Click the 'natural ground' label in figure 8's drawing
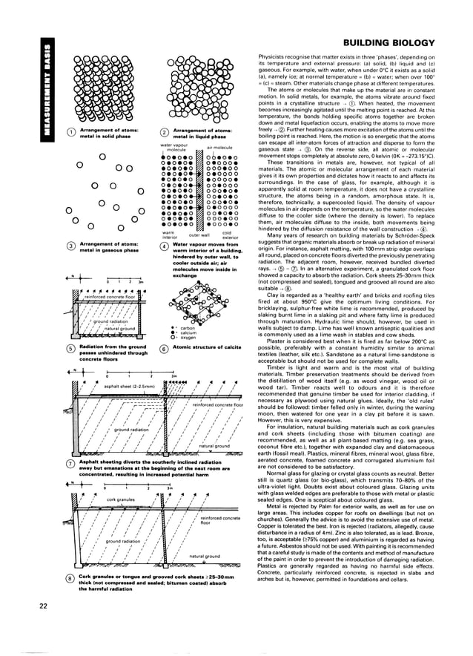[206, 576]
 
